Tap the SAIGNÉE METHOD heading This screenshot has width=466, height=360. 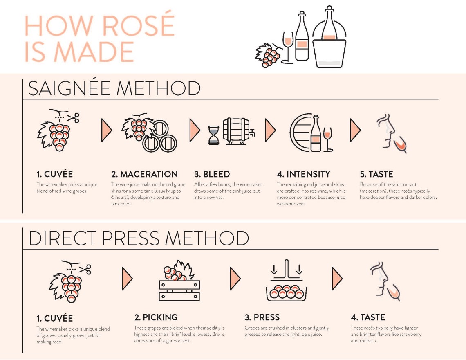[x=114, y=89]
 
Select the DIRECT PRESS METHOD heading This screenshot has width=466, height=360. [x=139, y=238]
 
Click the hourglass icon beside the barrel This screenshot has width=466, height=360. [x=213, y=135]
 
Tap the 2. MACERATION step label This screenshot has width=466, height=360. [x=144, y=174]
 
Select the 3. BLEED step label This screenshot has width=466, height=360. [x=212, y=174]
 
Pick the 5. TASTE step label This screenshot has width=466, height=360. [x=376, y=174]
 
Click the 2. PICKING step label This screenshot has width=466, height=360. [x=156, y=317]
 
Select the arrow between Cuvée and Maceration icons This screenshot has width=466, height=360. [x=106, y=130]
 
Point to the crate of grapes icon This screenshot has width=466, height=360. [x=179, y=281]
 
